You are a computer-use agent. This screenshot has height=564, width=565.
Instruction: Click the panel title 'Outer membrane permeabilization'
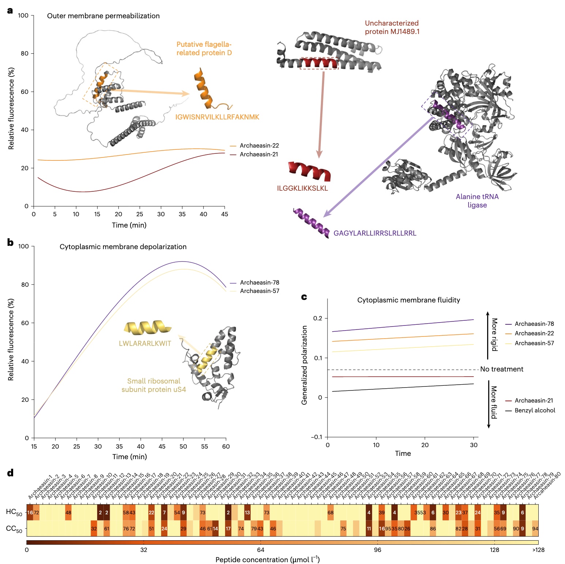[103, 16]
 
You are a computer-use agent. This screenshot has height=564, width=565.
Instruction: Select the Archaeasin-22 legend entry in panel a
[259, 146]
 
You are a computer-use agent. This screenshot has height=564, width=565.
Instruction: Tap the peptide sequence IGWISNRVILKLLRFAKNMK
[217, 117]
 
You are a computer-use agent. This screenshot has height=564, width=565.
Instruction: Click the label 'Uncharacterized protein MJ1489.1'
[392, 27]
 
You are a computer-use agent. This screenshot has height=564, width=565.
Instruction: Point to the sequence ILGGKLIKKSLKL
[302, 188]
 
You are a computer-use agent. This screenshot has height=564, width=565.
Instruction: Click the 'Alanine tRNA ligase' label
[477, 201]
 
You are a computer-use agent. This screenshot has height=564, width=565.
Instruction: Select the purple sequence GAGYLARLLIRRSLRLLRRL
[375, 233]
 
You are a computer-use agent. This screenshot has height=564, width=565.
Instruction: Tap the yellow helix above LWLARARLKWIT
[147, 328]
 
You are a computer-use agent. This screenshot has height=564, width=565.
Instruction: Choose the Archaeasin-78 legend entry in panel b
[259, 283]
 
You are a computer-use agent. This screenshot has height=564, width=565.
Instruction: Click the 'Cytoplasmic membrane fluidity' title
[408, 300]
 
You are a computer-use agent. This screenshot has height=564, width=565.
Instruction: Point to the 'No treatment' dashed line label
[501, 369]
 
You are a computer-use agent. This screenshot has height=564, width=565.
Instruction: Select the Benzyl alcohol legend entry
[534, 411]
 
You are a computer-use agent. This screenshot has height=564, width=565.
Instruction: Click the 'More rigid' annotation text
[494, 335]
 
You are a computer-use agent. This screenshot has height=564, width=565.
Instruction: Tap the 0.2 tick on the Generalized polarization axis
[318, 319]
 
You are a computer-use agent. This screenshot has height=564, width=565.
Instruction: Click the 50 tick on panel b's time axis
[183, 446]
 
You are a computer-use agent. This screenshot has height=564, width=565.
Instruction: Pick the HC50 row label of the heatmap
[14, 512]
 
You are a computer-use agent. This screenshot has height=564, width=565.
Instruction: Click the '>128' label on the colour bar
[538, 550]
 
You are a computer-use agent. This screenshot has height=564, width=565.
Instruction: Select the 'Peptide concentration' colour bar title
[267, 560]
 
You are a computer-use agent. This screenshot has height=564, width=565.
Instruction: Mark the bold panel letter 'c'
[304, 297]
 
